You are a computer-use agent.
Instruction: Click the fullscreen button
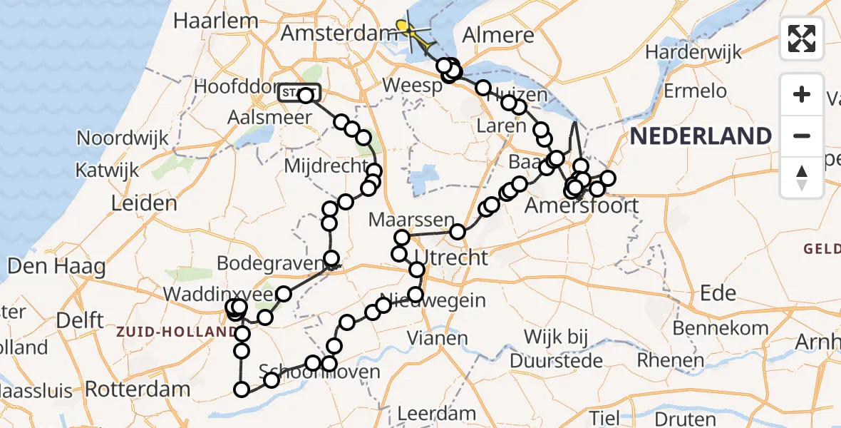802,39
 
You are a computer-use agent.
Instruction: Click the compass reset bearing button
802,177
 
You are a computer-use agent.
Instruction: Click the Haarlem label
205,21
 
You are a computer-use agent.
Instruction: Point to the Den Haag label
56,267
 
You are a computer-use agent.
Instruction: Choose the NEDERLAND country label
701,136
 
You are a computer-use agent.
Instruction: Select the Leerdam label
436,412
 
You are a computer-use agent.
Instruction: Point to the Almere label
498,34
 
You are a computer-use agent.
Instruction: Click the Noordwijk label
123,138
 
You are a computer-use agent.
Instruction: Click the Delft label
80,321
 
